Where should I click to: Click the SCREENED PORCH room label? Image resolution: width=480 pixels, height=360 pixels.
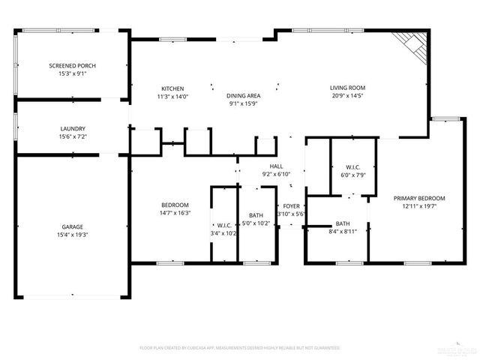(x=73, y=66)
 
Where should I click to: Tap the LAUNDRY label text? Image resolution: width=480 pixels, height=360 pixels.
(x=73, y=128)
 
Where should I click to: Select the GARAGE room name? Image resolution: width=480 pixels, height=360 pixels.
(x=73, y=226)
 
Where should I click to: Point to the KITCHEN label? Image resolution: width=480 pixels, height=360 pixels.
(x=172, y=88)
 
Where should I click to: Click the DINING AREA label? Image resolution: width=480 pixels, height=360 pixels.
(x=244, y=96)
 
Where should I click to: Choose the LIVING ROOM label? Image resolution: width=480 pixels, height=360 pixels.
(x=347, y=88)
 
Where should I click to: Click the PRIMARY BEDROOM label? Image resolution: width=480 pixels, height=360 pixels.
(x=420, y=198)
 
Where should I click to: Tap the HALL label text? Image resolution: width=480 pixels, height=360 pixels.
(x=277, y=166)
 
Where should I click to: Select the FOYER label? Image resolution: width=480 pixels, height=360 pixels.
(x=291, y=205)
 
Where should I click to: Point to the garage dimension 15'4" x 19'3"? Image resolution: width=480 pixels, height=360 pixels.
(x=73, y=235)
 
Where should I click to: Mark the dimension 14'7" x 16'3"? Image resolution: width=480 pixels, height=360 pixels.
(x=175, y=213)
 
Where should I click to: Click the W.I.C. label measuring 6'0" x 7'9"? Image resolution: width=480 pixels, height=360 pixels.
(x=354, y=166)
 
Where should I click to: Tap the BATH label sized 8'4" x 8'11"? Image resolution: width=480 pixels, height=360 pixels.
(x=343, y=223)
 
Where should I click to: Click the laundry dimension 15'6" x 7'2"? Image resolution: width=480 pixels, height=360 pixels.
(x=73, y=136)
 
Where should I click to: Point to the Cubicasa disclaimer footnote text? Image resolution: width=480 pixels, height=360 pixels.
(x=240, y=348)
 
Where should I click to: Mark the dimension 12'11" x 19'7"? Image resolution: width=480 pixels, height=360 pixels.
(x=420, y=206)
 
